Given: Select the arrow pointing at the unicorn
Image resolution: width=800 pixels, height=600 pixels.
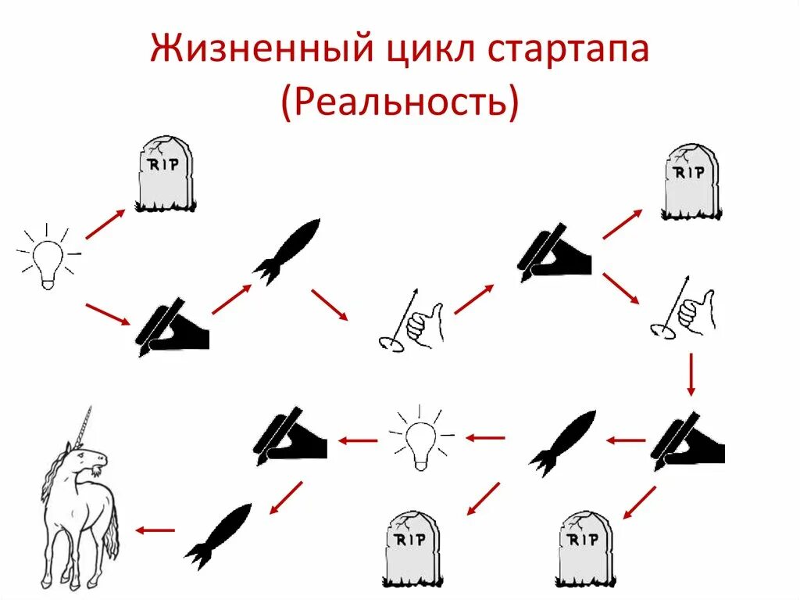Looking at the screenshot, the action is pyautogui.click(x=155, y=530).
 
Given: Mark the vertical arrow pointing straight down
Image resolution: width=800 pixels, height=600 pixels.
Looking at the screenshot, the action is pyautogui.click(x=691, y=375).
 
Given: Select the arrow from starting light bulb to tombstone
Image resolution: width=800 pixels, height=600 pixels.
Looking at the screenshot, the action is pyautogui.click(x=105, y=224).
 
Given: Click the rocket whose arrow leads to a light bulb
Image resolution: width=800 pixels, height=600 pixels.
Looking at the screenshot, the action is pyautogui.click(x=562, y=442).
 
